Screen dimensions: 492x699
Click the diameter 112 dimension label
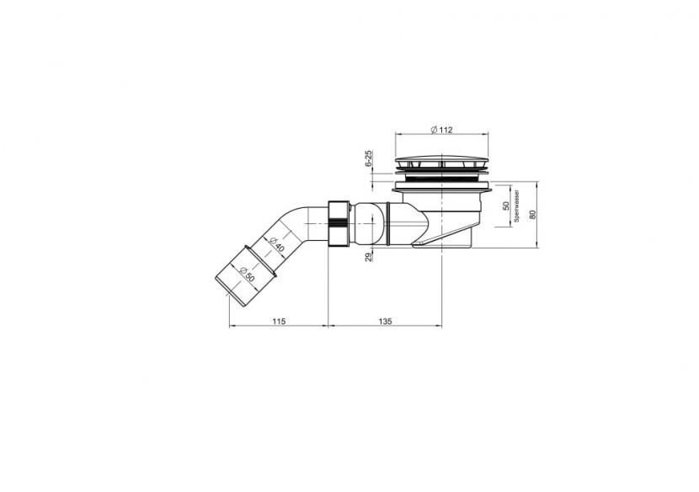441,130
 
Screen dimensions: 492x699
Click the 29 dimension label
369,256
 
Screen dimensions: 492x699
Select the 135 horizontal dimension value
384,321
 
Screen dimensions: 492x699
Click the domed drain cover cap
442,160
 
